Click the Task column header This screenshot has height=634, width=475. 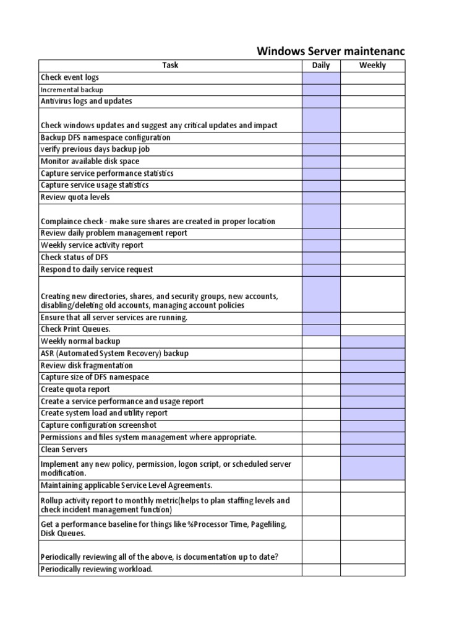tap(170, 65)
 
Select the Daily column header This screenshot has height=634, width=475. tap(321, 65)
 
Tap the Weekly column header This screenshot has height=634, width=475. tap(372, 65)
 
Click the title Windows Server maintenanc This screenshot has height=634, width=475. tap(331, 51)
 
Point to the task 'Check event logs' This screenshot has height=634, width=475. tap(70, 77)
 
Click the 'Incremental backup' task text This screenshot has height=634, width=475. tap(72, 90)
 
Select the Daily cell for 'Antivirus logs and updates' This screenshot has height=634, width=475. tap(321, 102)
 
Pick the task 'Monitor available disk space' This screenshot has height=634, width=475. tap(90, 161)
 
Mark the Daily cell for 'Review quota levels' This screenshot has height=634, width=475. tap(321, 198)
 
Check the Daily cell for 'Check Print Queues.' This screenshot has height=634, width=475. tap(321, 329)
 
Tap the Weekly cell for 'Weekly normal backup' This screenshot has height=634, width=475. tap(372, 341)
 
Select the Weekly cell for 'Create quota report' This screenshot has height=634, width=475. tap(372, 389)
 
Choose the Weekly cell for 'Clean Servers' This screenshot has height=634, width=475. tap(372, 449)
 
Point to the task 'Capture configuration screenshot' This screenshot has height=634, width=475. tap(98, 425)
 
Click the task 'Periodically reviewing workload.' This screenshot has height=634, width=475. tap(96, 569)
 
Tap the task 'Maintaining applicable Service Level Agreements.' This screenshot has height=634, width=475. tap(126, 485)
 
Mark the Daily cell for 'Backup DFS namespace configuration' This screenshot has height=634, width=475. tap(321, 137)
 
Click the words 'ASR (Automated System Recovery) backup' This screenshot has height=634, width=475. tap(114, 353)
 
